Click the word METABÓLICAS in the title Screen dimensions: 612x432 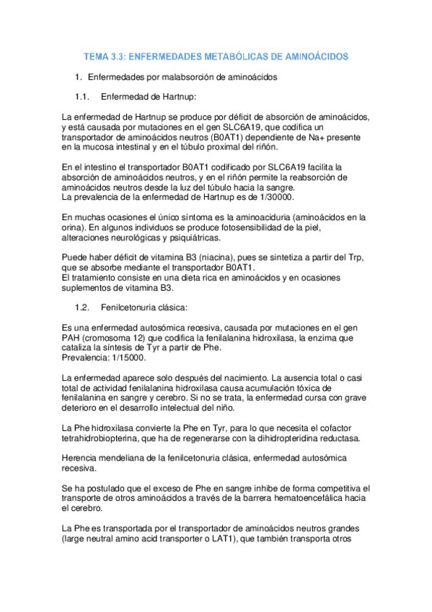click(213, 56)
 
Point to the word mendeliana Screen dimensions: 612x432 click(128, 458)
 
